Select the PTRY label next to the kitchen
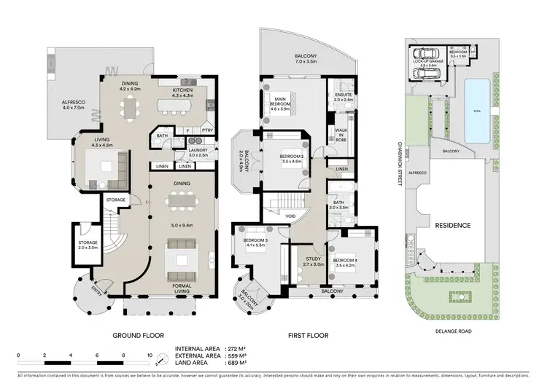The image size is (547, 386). [x=207, y=130]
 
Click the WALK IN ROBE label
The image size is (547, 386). [x=340, y=134]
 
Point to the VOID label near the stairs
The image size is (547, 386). [x=290, y=216]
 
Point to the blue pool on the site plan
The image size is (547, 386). [x=477, y=110]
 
